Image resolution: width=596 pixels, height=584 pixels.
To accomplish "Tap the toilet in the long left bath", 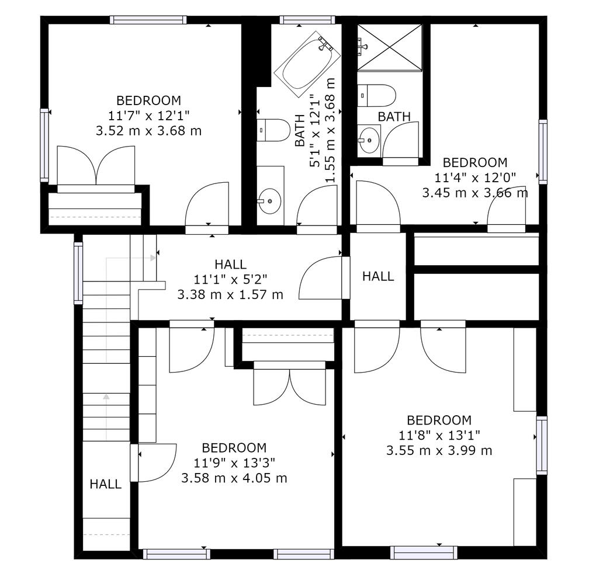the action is click(273, 130).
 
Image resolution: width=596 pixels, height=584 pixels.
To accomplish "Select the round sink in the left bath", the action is click(271, 200).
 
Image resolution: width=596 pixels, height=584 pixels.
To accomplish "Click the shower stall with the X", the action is click(390, 47).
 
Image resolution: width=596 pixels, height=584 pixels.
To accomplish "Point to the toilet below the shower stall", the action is click(376, 96).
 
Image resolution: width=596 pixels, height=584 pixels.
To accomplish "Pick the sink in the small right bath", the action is click(369, 140).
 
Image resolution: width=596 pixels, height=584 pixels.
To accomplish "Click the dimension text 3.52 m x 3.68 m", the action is click(148, 131).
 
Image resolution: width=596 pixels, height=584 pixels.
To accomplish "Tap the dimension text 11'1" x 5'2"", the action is click(231, 279).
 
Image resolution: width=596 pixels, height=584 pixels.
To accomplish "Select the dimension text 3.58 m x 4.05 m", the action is click(234, 478).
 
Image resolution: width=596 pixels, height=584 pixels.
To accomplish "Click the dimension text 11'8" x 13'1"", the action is click(439, 435).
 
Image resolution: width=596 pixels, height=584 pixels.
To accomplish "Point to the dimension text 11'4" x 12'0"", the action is click(475, 178).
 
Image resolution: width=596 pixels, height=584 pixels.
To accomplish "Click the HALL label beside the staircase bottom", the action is click(106, 484).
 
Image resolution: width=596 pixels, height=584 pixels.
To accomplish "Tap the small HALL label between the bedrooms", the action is click(378, 276).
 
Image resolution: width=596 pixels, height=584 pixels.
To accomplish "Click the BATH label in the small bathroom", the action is click(394, 117).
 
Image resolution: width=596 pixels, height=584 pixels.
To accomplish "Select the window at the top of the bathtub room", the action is click(307, 20).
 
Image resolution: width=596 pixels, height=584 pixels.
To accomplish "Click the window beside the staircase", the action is click(78, 273).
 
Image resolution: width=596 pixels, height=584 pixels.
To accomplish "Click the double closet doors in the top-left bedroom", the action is click(96, 166).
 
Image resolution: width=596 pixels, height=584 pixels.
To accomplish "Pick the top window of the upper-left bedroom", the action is click(148, 20).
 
